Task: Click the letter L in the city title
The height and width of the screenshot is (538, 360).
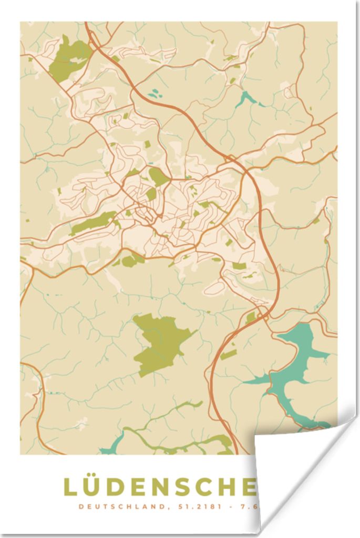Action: point(70,487)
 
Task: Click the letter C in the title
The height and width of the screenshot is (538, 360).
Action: point(210,487)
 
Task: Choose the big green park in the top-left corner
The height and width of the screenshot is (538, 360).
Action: point(69,58)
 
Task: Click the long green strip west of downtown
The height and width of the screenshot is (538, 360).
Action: point(94,223)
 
